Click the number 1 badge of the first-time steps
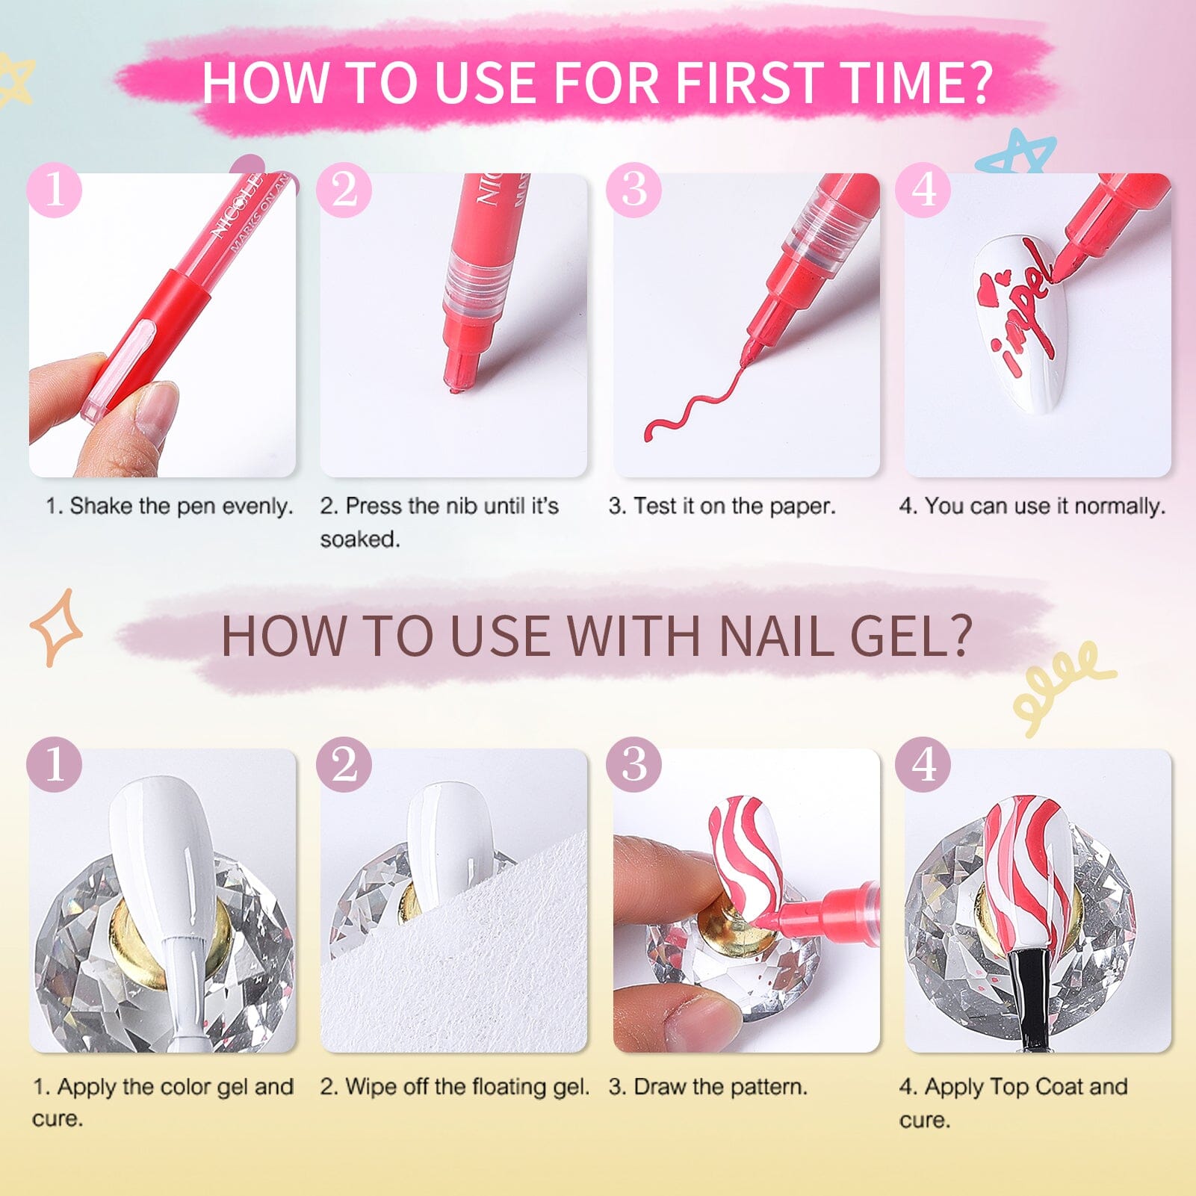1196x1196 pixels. [55, 190]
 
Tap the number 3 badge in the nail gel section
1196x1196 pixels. [634, 763]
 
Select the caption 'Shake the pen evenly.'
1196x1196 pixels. [170, 506]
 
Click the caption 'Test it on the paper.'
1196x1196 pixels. [722, 506]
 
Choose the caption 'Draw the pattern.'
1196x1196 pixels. [707, 1086]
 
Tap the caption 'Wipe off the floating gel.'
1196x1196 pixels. [455, 1086]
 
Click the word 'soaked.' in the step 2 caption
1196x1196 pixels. [360, 539]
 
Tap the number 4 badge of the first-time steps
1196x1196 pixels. [923, 190]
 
